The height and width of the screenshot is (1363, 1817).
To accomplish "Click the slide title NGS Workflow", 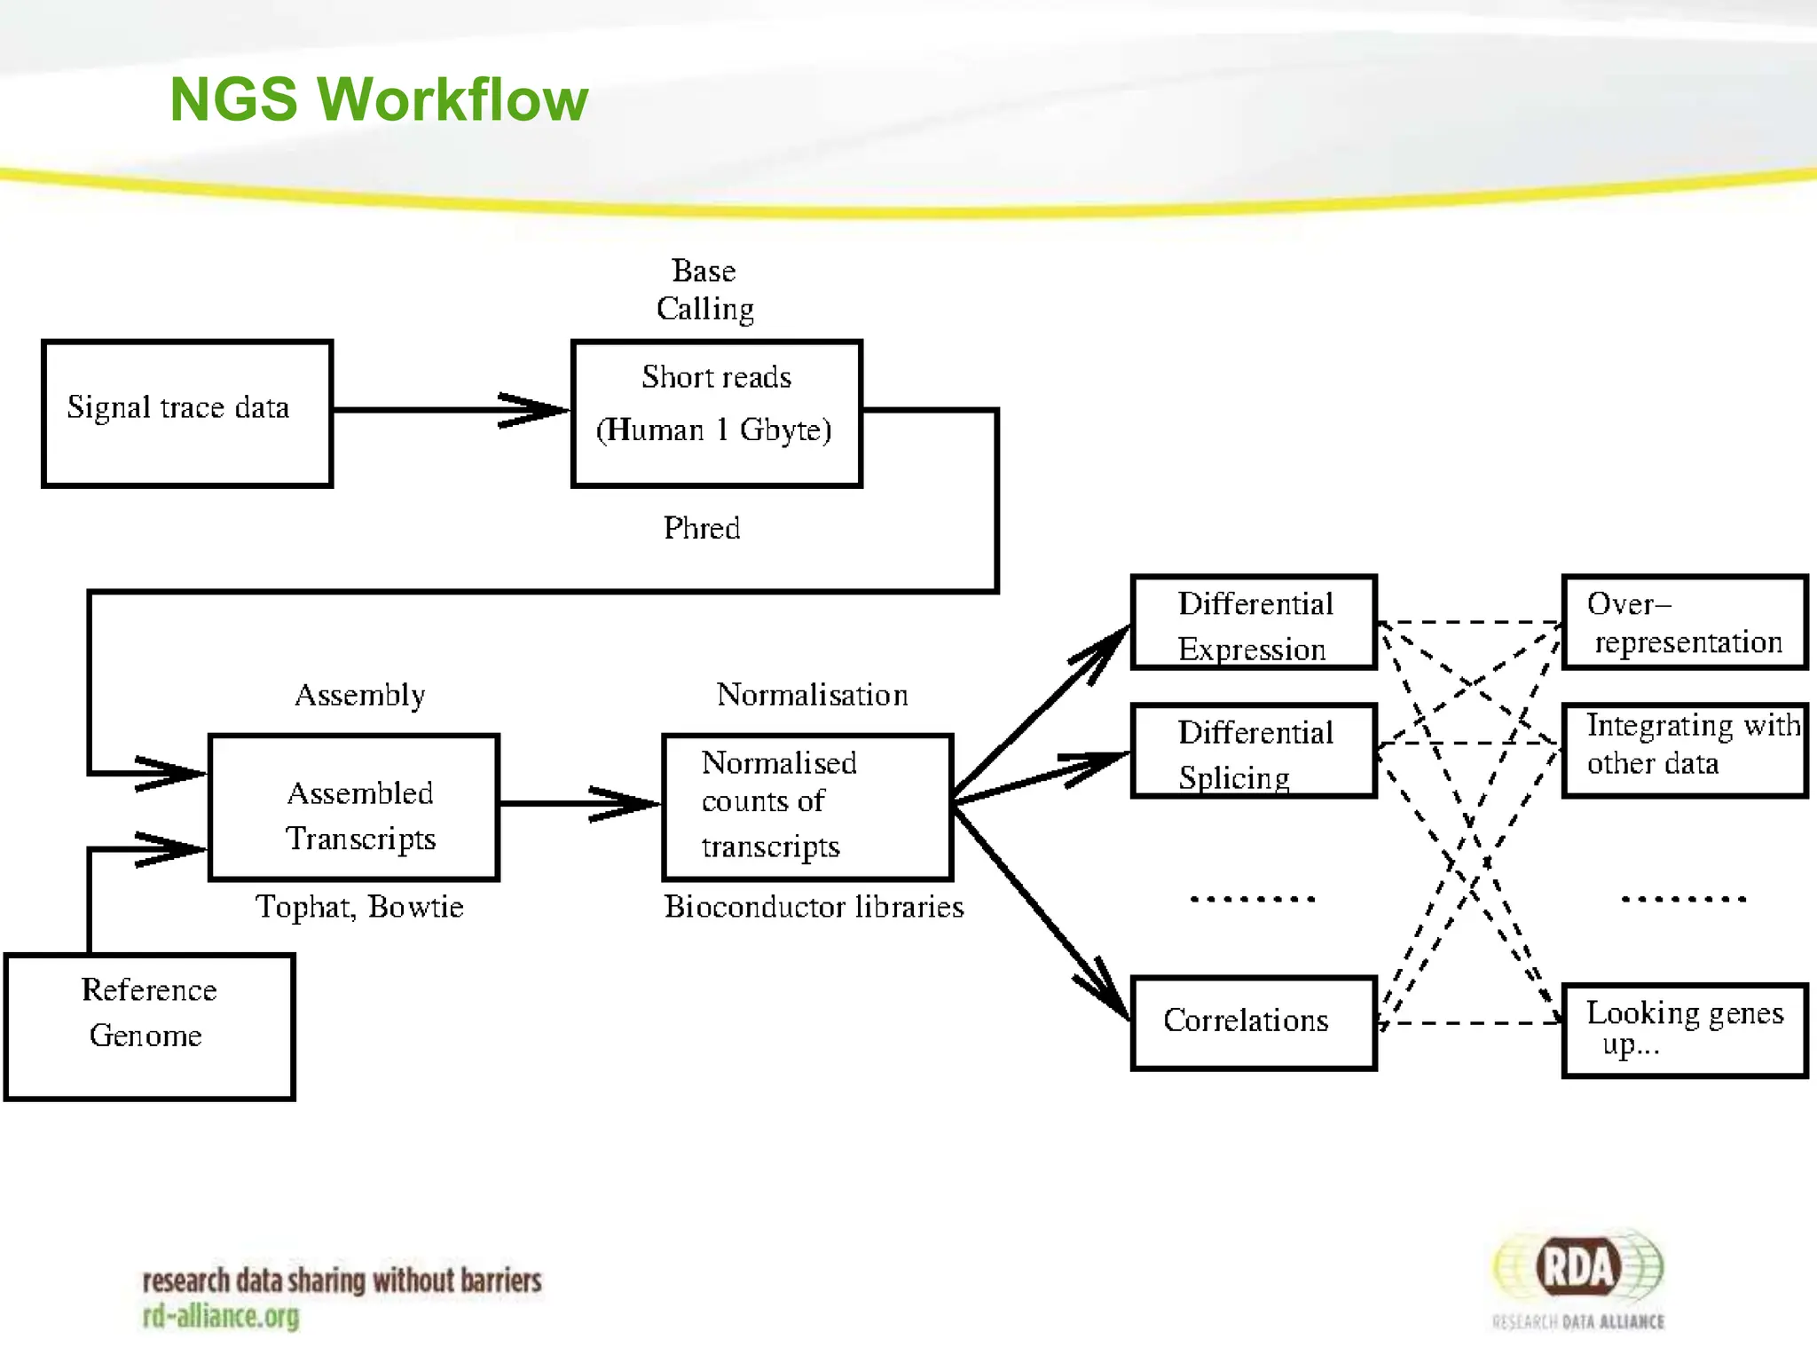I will click(379, 98).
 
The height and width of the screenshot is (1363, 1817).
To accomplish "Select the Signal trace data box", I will click(187, 414).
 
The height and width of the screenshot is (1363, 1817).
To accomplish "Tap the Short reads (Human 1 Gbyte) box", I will click(716, 414).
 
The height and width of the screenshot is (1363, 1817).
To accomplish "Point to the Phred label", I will click(701, 529).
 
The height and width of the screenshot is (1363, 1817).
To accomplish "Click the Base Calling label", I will click(704, 290).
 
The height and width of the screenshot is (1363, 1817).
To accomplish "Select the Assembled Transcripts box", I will click(354, 808).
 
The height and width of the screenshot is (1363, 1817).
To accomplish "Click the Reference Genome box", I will click(149, 1027).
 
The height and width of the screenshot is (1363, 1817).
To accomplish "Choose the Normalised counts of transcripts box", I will click(807, 808).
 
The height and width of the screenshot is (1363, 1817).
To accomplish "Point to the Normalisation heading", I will click(812, 695).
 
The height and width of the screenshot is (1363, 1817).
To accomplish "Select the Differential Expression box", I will click(1254, 623).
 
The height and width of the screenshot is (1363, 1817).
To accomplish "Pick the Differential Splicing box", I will click(1254, 752).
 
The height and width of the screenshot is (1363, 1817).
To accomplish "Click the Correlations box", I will click(1254, 1023).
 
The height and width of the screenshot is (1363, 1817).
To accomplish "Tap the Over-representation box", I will click(1684, 623).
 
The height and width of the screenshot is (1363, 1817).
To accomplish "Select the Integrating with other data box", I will click(1684, 751).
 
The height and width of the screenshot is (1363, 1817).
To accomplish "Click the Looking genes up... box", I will click(1684, 1030).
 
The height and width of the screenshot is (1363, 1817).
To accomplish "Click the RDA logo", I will click(1578, 1269).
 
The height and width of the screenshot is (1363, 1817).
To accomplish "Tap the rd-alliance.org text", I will click(221, 1317).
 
